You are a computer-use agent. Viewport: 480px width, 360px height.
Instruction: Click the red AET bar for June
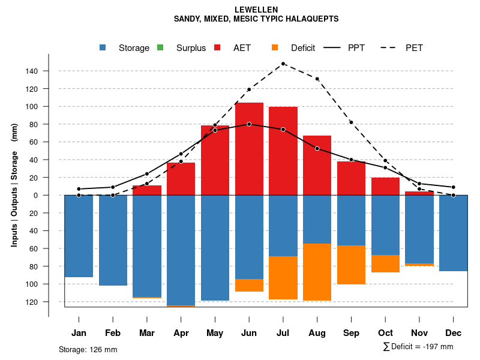(249, 150)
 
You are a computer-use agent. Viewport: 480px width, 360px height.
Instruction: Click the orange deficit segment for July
(283, 278)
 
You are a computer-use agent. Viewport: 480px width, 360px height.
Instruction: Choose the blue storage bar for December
(454, 233)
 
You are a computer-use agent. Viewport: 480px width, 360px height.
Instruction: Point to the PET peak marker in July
(283, 64)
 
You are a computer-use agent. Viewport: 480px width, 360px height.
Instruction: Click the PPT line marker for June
(249, 124)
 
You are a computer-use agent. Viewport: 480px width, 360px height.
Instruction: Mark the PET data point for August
(317, 79)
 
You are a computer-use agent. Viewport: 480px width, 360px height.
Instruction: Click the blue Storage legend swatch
(104, 48)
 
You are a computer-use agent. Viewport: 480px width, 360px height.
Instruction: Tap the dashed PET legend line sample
(392, 48)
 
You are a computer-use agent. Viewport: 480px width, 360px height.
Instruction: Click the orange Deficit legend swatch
(275, 48)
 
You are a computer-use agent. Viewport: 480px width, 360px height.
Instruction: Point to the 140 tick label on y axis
(31, 71)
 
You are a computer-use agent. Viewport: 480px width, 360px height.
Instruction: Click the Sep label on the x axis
(351, 333)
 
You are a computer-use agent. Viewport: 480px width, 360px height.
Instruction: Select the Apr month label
(181, 333)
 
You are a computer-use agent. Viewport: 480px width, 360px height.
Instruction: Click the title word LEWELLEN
(256, 10)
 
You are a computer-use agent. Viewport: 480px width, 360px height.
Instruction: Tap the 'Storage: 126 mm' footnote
(88, 349)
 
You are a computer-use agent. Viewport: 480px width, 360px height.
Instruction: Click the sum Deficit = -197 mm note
(418, 347)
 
